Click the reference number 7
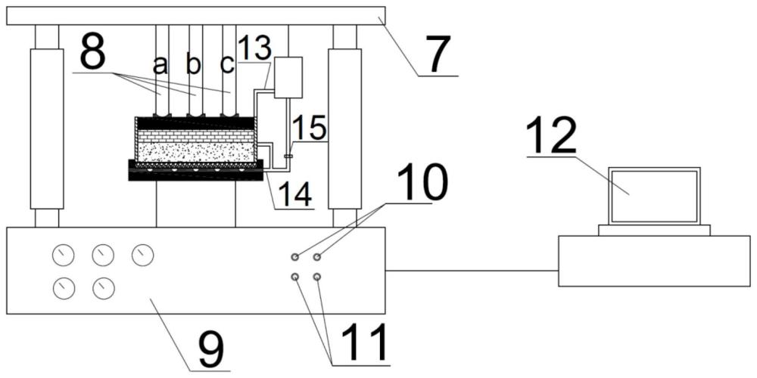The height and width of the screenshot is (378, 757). (438, 54)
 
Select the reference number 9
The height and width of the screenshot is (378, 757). (210, 349)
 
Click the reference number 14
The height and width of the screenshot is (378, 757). (292, 194)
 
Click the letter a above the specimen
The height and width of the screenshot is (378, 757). (160, 67)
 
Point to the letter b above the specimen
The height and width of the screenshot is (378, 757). (193, 66)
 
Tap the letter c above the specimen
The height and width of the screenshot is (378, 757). (227, 66)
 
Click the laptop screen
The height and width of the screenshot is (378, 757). (656, 196)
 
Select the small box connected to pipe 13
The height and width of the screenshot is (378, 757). (288, 78)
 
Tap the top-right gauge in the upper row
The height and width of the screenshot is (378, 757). (142, 256)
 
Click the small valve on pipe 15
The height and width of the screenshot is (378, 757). (288, 156)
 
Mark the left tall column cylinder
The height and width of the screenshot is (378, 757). (47, 128)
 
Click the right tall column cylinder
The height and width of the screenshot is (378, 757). (344, 128)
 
